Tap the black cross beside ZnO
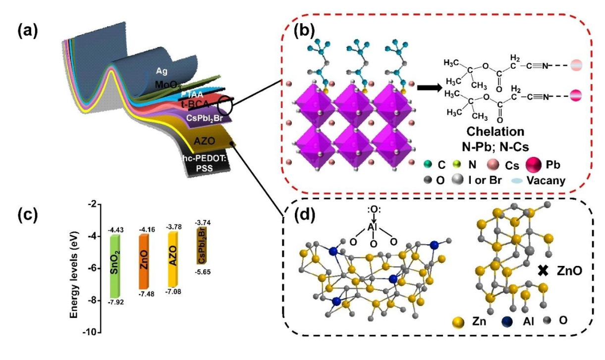pos(544,270)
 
